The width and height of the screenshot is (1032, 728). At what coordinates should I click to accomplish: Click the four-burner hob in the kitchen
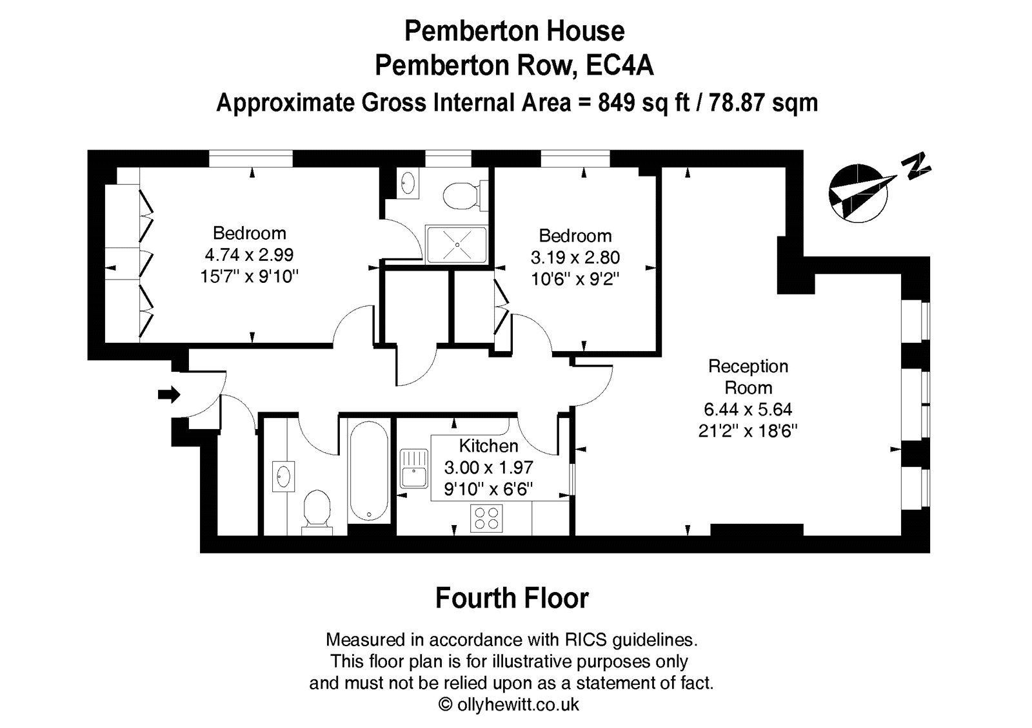click(x=487, y=519)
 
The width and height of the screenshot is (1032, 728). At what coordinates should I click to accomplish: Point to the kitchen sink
click(x=413, y=469)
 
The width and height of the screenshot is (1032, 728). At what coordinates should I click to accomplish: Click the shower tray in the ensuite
click(x=457, y=244)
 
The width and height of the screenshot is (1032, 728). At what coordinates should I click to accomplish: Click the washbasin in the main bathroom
click(x=283, y=477)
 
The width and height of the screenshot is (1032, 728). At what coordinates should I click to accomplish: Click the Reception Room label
click(x=748, y=377)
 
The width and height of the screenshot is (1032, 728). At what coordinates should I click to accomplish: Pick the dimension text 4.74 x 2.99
click(x=249, y=255)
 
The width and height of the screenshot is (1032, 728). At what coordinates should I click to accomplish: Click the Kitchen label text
click(x=488, y=446)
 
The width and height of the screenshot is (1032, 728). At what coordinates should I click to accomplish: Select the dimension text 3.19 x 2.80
click(x=575, y=258)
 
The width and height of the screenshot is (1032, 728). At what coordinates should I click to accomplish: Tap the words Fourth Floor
click(x=512, y=599)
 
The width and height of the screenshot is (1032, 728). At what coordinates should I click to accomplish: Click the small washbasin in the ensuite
click(x=407, y=182)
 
